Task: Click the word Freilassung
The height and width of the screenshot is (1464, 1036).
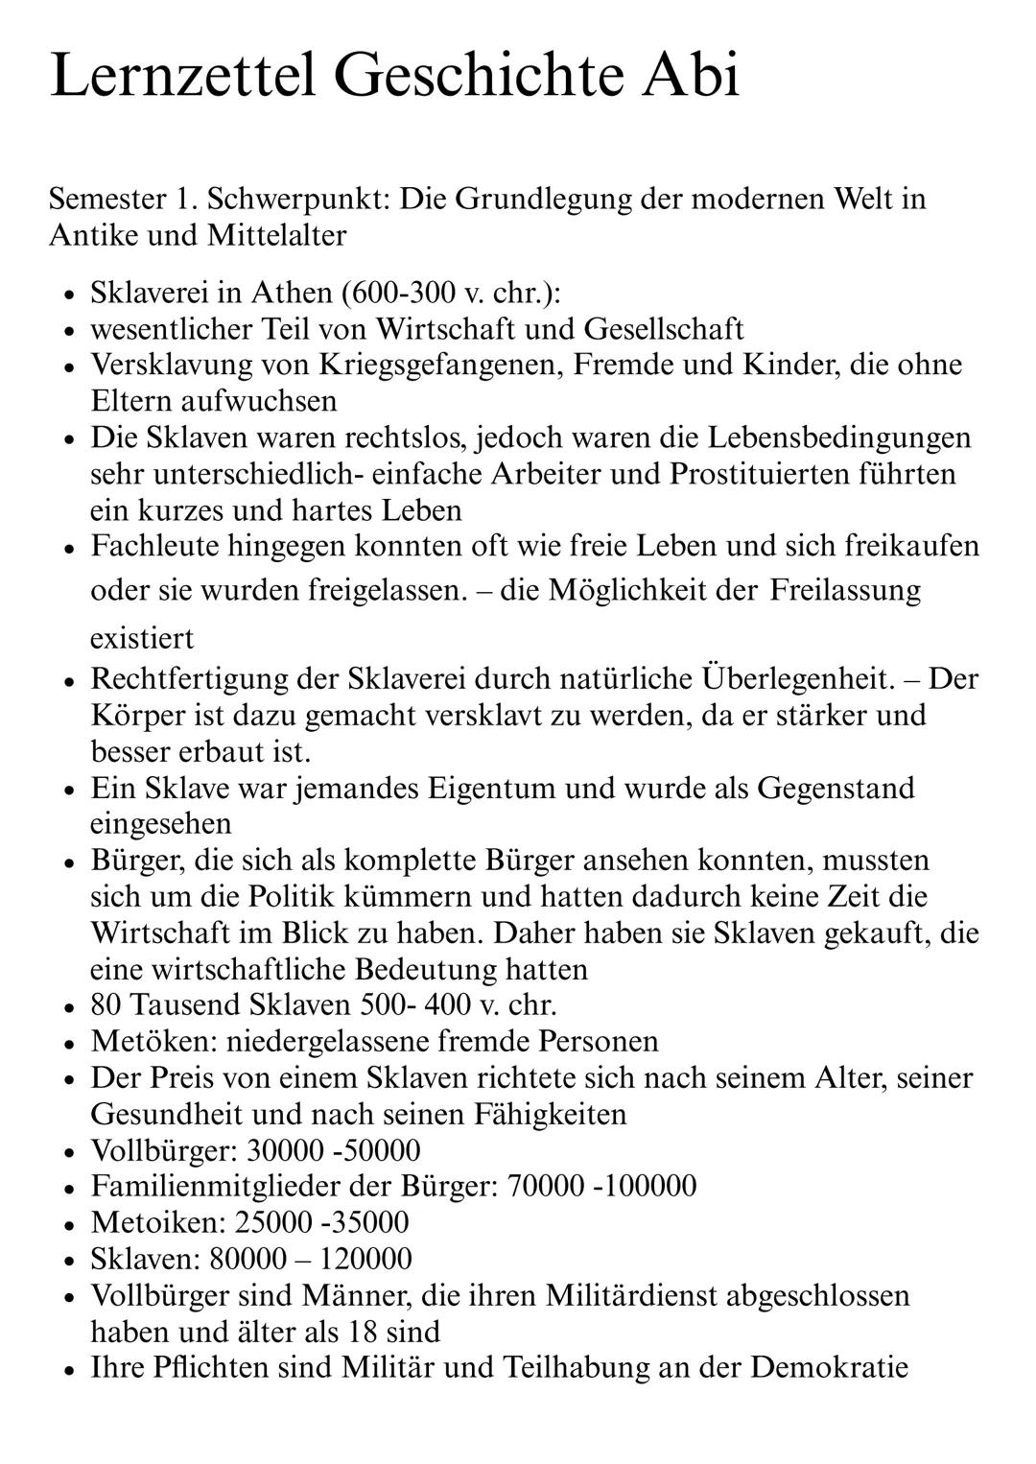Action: coord(845,589)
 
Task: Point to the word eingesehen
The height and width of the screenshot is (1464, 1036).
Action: coord(160,823)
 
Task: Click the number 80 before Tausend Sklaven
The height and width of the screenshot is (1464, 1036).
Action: coord(106,1005)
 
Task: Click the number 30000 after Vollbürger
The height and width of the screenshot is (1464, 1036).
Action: coord(283,1150)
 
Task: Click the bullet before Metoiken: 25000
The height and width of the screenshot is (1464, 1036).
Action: coord(70,1224)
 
